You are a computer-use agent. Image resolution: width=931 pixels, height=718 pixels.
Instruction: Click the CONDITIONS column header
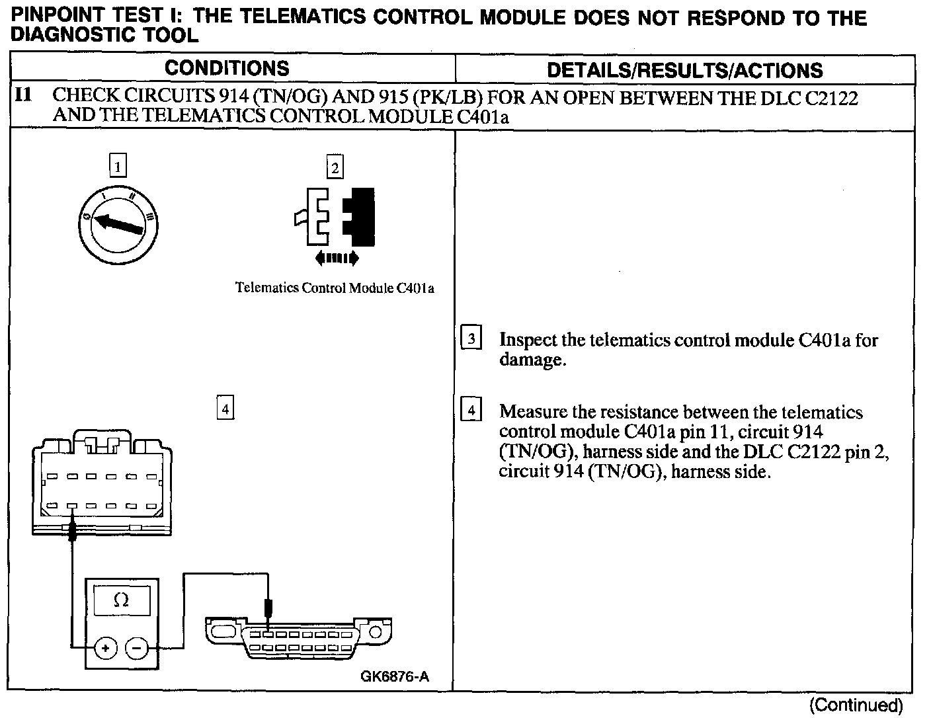tap(227, 68)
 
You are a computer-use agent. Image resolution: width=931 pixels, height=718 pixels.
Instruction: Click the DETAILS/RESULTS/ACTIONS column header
tap(685, 70)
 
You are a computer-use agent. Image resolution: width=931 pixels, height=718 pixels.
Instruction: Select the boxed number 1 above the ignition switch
tap(118, 166)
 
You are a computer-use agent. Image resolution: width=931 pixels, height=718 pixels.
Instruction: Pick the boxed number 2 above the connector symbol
tap(335, 167)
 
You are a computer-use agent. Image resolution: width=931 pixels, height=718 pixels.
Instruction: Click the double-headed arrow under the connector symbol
tap(337, 258)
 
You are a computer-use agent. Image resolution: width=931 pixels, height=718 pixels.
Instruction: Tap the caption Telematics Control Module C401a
tap(335, 288)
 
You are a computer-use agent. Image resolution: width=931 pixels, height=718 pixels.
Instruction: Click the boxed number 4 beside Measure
tap(471, 411)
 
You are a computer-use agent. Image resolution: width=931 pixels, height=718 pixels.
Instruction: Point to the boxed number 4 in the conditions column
tap(225, 409)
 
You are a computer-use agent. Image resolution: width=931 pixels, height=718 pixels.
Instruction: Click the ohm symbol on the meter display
tap(121, 600)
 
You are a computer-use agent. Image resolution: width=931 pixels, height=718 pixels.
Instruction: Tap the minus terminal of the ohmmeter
tap(137, 648)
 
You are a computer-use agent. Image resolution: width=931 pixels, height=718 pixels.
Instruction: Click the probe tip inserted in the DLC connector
tap(268, 612)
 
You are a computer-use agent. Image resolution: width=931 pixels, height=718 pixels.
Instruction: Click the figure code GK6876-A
tap(395, 676)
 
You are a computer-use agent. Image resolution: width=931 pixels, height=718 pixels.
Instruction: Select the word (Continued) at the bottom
tap(856, 705)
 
